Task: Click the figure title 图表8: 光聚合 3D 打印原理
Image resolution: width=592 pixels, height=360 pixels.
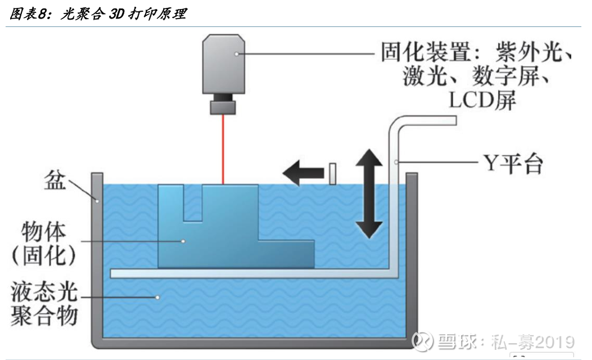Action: point(98,14)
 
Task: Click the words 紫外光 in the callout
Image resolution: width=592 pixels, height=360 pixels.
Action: point(532,53)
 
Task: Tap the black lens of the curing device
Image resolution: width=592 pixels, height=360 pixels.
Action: point(223,107)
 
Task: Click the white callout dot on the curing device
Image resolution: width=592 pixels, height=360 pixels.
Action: point(238,54)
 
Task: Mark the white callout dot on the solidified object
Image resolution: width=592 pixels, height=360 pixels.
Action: point(183,241)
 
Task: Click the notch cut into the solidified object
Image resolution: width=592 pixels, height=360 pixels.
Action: point(193,202)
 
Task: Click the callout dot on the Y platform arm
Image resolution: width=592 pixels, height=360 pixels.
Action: point(397,163)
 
